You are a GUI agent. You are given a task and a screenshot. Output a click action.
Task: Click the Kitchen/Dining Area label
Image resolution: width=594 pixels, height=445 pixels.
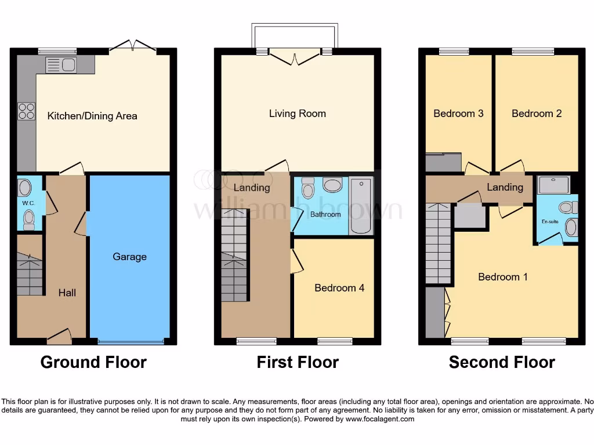click(92, 116)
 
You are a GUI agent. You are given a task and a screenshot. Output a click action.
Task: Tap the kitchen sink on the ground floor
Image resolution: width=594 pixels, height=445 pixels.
click(61, 64)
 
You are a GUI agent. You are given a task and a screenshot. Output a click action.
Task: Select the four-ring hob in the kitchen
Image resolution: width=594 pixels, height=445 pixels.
click(26, 111)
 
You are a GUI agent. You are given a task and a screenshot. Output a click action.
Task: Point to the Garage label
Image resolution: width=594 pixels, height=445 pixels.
click(129, 257)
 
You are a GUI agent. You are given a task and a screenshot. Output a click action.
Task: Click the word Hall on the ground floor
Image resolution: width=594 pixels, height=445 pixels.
click(67, 293)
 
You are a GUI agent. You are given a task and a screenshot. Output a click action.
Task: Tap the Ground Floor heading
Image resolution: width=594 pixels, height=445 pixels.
click(93, 363)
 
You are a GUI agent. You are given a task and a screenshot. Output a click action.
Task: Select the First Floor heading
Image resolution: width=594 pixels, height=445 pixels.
click(298, 363)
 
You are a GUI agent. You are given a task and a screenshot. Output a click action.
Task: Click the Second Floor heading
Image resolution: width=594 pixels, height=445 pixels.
click(502, 363)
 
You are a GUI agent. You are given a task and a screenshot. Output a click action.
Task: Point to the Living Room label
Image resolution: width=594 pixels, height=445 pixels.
click(298, 114)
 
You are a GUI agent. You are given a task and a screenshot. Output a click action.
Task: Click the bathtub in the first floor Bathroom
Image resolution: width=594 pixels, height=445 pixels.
click(361, 207)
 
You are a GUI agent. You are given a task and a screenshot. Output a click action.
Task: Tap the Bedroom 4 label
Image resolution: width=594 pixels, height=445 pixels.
click(339, 288)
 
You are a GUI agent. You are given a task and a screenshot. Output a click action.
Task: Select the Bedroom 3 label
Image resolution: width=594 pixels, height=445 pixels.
click(458, 114)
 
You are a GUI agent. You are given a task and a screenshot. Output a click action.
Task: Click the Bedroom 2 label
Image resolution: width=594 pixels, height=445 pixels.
click(537, 114)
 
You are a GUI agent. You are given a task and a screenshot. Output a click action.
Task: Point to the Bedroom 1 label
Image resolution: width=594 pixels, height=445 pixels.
click(503, 277)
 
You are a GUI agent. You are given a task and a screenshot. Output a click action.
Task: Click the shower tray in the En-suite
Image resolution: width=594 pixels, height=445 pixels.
click(554, 185)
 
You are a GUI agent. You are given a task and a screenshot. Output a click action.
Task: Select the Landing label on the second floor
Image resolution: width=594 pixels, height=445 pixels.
click(505, 187)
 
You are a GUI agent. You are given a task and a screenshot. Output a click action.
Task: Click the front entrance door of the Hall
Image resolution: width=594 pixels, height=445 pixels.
click(59, 335)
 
